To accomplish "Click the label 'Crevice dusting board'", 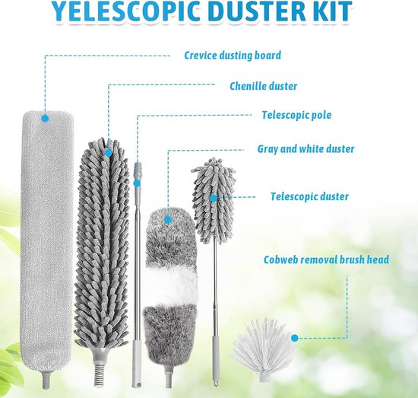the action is point(233,56).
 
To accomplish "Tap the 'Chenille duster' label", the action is point(264,86).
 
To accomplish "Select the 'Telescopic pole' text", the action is point(296,115).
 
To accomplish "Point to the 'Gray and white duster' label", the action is point(306,149).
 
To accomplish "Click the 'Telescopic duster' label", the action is point(309,196).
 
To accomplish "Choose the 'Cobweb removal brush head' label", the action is point(326,259).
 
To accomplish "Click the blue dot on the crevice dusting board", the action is point(45,118).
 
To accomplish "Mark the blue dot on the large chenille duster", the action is point(108,153).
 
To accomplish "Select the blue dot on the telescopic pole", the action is point(137,183).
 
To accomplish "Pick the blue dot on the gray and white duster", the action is point(168,220).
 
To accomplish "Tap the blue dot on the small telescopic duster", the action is point(214,198).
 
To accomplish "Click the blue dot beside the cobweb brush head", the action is point(295,338).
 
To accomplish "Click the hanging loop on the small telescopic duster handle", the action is point(216,382).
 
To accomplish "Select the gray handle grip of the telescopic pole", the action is point(136,364).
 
